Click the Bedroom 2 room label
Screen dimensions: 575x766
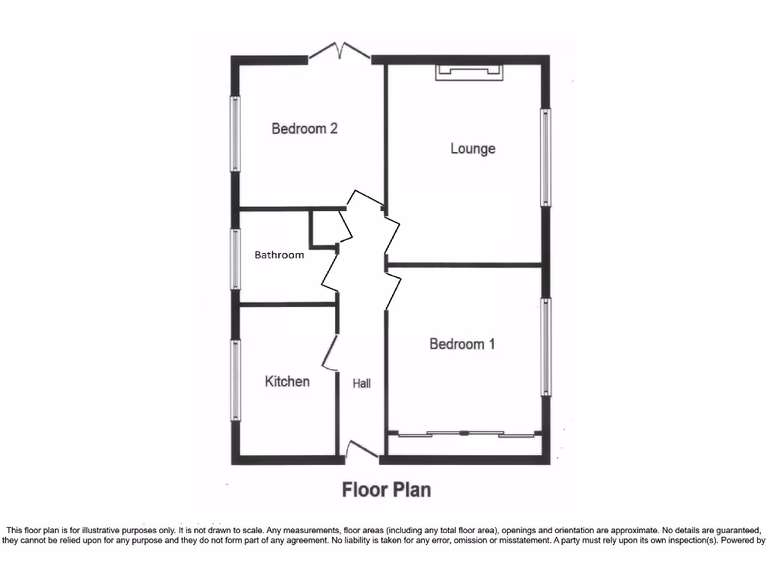(304, 129)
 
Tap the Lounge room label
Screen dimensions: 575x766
(473, 148)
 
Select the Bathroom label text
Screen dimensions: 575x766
(279, 255)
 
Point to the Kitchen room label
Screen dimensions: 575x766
(287, 381)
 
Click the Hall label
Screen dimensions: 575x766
(362, 383)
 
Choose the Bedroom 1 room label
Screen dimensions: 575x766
(462, 344)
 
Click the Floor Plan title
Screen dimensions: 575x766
(386, 490)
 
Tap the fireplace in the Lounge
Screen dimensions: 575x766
(469, 72)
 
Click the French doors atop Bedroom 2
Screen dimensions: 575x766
(340, 52)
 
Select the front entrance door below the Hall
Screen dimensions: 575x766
(361, 449)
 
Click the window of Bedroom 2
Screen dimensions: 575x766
(236, 134)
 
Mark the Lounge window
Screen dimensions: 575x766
(546, 157)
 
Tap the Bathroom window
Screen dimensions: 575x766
(236, 259)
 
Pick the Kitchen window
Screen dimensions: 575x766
(236, 380)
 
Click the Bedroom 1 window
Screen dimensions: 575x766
(547, 347)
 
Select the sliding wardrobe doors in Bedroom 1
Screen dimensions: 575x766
(465, 433)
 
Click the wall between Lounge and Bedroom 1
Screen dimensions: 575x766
(464, 264)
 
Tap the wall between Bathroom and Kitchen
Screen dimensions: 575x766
(287, 304)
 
